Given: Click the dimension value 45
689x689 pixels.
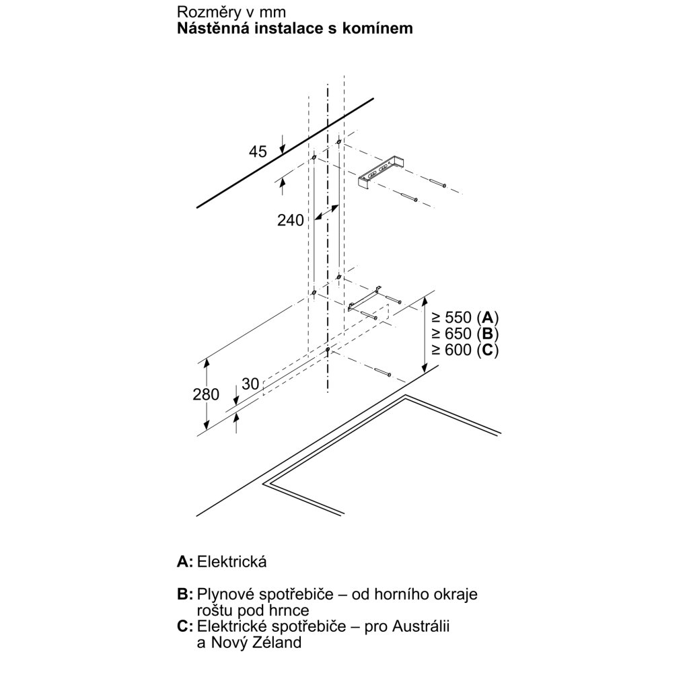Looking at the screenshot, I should (258, 153).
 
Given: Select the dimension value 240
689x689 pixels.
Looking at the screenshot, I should (291, 220).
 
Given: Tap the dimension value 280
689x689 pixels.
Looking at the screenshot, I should (206, 394).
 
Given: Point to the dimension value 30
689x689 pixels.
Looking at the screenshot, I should (250, 384).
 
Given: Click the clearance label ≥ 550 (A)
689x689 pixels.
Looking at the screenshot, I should (465, 318).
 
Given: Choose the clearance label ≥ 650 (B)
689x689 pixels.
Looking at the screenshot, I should (465, 334).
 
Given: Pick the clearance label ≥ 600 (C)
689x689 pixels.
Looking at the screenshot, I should (465, 350).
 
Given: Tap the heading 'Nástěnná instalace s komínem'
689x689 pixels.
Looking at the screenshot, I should (295, 29).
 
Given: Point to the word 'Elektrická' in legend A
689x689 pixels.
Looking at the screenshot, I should (229, 562).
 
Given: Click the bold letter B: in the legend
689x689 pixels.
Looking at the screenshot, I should (185, 595).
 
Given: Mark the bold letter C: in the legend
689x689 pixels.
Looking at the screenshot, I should (185, 627).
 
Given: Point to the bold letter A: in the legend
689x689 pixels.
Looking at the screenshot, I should (185, 562).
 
